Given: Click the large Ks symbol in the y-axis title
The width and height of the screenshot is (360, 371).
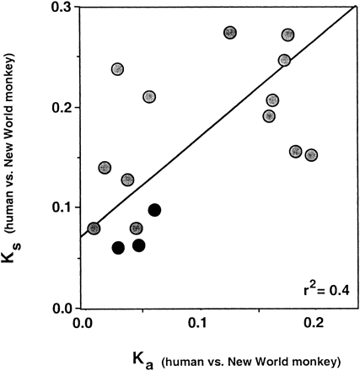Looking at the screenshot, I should point(17,268).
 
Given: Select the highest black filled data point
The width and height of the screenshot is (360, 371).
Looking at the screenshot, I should point(154,210).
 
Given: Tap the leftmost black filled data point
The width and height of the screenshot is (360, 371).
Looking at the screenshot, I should point(118,248).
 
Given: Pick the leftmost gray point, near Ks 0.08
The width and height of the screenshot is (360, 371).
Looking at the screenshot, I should point(94,229).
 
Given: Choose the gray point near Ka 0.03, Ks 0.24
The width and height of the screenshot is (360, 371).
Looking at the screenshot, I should point(117,69).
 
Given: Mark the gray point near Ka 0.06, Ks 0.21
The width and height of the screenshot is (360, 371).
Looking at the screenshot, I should point(149,97).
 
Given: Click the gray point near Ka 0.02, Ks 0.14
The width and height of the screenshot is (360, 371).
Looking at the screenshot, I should point(105,168).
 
